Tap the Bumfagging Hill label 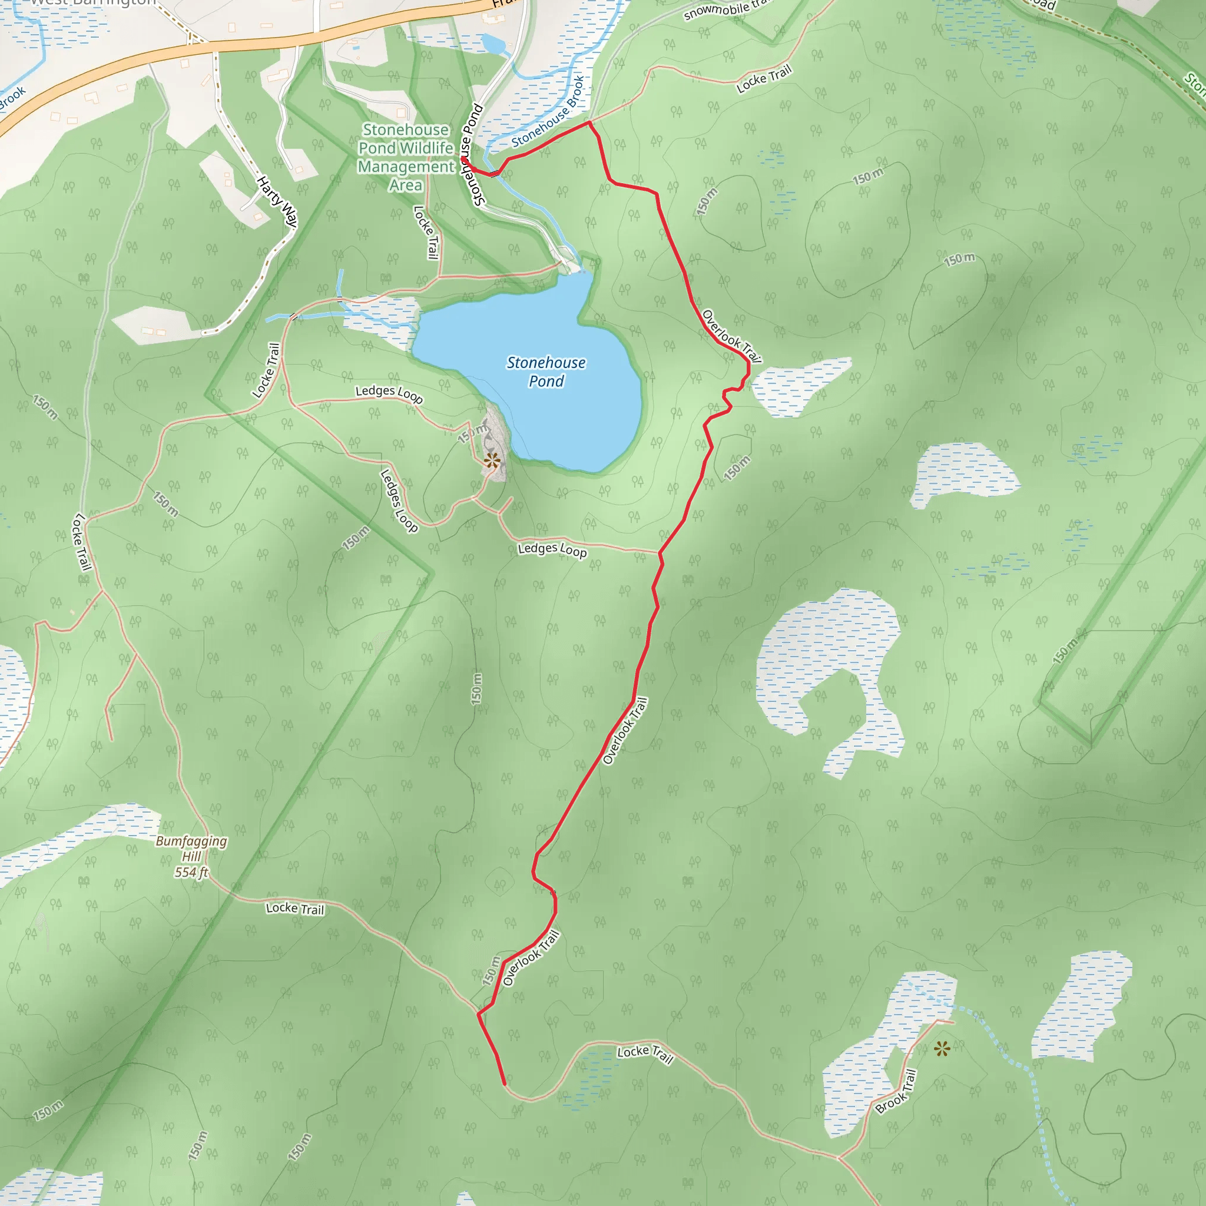191,849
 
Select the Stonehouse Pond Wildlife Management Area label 406,157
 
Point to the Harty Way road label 277,201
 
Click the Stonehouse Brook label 548,112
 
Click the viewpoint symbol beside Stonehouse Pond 492,461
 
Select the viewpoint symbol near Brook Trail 942,1048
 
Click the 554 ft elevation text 191,872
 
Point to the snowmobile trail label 724,9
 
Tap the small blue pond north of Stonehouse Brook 493,44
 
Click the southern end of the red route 503,1084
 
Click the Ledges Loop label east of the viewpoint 552,549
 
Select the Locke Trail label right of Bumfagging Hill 294,908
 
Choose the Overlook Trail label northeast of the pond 731,336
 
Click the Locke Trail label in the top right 763,79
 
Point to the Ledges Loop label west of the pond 389,393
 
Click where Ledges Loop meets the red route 660,552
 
